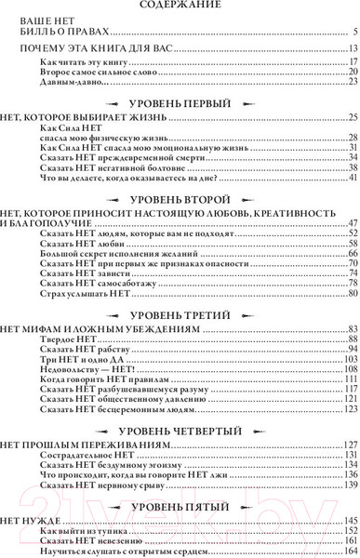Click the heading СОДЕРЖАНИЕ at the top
[180, 6]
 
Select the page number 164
[350, 550]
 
